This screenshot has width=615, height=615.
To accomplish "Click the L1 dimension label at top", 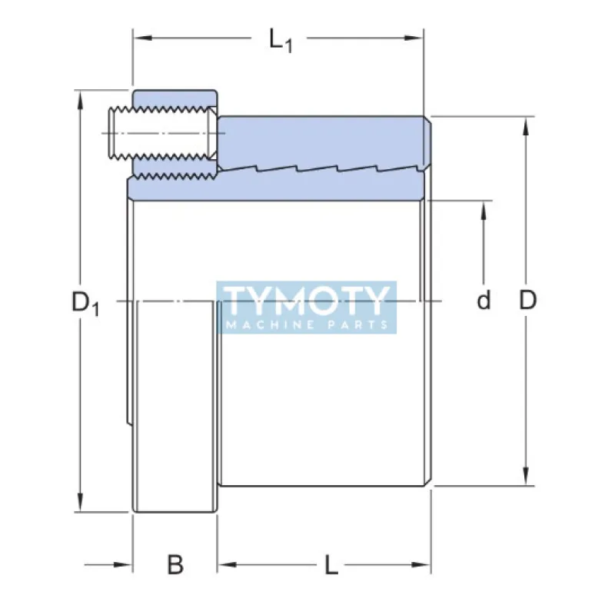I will [281, 40].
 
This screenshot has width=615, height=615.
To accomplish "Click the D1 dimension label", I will [85, 302].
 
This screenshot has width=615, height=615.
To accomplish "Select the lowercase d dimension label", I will [484, 301].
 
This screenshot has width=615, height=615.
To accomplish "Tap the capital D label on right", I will [527, 301].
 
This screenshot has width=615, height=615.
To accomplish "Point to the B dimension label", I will [175, 566].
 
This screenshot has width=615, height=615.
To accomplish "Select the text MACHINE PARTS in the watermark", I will [307, 324].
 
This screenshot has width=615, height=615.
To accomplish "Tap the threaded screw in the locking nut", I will [161, 133].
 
